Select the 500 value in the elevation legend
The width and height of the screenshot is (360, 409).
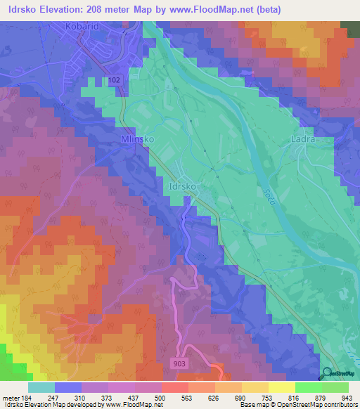click(x=161, y=397)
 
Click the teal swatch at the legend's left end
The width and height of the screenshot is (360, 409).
click(x=41, y=387)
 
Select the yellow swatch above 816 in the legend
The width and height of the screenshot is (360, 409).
click(x=281, y=387)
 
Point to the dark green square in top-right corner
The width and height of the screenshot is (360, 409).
click(x=349, y=27)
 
